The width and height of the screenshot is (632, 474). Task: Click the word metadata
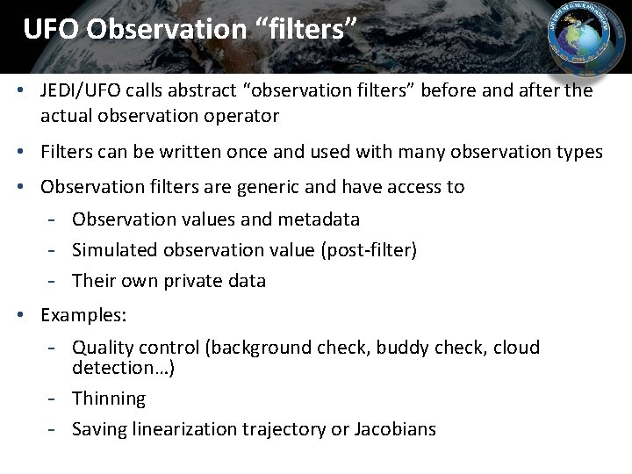coord(319,219)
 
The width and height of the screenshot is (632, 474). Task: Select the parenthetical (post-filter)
coord(368,250)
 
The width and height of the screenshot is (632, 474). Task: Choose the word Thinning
coord(109,399)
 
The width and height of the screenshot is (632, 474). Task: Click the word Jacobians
coord(395,429)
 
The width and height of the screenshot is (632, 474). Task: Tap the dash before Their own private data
coord(54,281)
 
